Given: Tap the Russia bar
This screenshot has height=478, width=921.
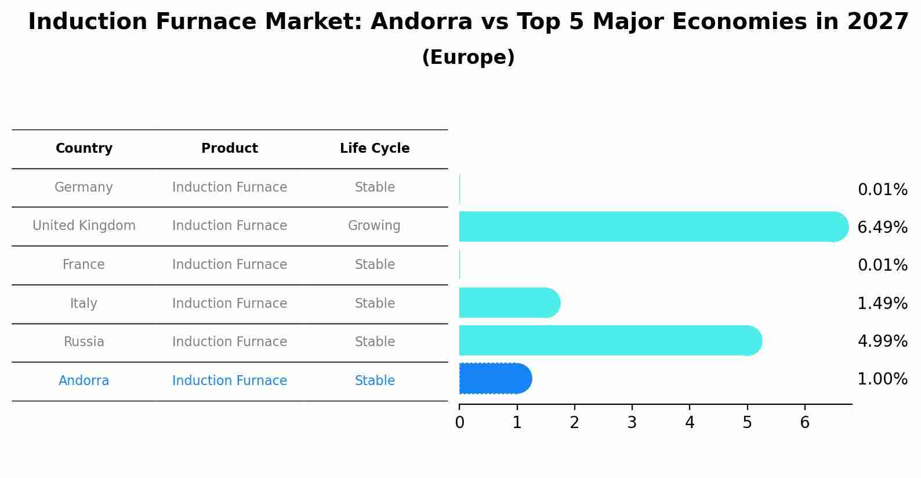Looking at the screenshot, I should (609, 340).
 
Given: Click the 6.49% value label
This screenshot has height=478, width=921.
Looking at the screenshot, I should (882, 227).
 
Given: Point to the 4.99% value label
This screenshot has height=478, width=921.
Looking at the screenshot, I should (882, 341).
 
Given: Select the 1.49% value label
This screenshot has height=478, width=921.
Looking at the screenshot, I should (882, 303).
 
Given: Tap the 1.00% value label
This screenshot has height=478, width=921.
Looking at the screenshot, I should (882, 379).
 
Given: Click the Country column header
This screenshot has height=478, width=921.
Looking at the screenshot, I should (84, 149).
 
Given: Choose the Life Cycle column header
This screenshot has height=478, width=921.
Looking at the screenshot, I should (375, 149).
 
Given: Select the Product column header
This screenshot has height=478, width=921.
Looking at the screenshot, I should (230, 149).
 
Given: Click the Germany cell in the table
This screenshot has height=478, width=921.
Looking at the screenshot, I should (84, 188).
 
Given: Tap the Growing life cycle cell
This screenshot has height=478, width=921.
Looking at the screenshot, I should (374, 226).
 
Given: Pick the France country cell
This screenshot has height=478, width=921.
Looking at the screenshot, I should (84, 265).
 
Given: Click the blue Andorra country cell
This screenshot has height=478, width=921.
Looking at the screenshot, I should (84, 381).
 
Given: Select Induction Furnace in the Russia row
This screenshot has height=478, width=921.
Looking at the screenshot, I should (230, 342).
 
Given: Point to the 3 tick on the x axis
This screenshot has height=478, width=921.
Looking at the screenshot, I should (632, 423).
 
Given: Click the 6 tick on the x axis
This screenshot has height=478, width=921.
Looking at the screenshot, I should (804, 423).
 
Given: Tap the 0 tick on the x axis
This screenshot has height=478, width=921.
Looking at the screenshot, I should (459, 423).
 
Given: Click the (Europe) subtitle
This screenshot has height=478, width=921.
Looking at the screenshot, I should (468, 57).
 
